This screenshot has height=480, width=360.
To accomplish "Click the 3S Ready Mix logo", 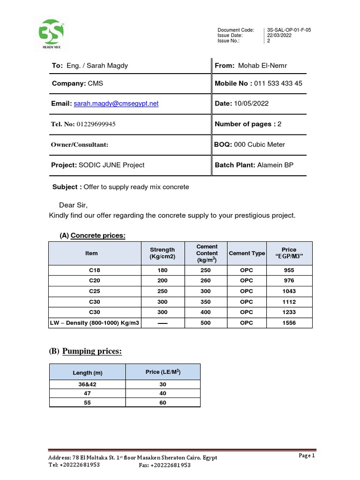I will [x=52, y=34].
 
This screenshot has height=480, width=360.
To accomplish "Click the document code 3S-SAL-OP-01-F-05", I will [x=289, y=30].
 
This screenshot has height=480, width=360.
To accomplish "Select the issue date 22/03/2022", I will [x=279, y=35].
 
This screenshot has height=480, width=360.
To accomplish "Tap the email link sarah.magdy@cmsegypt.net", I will [x=116, y=104].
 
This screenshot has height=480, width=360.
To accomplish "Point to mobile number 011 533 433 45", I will [x=278, y=83].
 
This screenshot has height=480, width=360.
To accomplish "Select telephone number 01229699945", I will [x=96, y=124].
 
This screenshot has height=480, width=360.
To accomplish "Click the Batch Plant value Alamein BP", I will [x=275, y=165].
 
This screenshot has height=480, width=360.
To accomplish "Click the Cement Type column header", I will [x=247, y=253].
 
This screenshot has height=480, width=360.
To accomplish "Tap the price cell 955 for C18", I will [x=289, y=270].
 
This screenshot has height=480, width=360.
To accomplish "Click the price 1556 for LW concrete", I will [x=289, y=323].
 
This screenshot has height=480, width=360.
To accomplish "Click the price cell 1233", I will [x=289, y=312].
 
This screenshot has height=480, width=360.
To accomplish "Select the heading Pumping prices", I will [x=92, y=351].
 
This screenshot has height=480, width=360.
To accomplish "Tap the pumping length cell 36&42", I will [x=88, y=384].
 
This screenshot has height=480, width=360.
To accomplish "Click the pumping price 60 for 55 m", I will [x=163, y=403].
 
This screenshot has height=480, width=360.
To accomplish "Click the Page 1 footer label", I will [x=307, y=455].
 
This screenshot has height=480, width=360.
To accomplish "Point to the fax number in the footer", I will [x=165, y=465].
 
